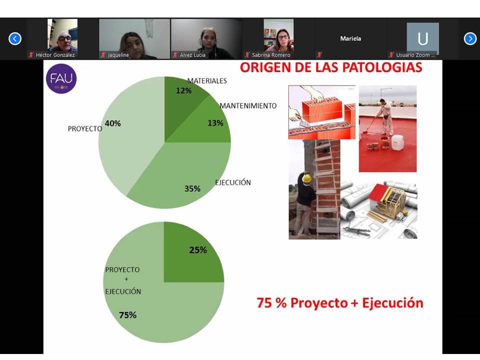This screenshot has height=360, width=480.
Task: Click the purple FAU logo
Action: pos(61,78)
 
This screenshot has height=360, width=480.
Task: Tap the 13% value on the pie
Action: pos(215,123)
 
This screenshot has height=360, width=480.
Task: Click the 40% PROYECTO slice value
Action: pos(112,123)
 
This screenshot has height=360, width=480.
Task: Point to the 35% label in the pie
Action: pos(192,188)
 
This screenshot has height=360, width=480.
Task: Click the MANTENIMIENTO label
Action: pos(248,106)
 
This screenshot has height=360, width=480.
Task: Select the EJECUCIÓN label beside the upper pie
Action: pos(233,182)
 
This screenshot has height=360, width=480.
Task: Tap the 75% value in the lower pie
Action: pos(127,315)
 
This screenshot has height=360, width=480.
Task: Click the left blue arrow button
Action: pos(15,39)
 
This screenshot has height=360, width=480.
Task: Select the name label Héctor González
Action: pos(55,55)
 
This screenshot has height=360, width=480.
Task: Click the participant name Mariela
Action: pos(350,38)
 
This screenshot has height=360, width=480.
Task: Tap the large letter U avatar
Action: pos(423,38)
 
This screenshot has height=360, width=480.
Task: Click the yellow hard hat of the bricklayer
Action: pos(306,178)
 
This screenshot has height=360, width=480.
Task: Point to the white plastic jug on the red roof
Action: pos(397,142)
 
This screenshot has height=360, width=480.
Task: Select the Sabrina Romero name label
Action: pos(271,55)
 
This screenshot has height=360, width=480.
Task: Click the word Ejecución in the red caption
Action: pos(393,303)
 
